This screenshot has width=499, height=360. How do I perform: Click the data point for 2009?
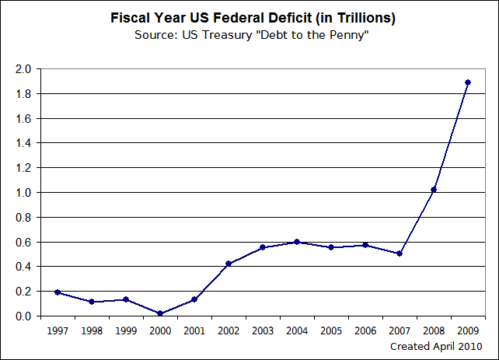click(468, 82)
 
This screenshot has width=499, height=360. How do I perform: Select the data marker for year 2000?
click(159, 313)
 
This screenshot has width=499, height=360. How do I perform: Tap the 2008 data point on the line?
click(434, 190)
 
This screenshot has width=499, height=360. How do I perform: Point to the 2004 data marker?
click(296, 242)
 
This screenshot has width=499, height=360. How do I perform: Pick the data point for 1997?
click(57, 292)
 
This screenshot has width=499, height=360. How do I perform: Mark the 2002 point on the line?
click(228, 264)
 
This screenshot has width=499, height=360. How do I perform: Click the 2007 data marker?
click(399, 253)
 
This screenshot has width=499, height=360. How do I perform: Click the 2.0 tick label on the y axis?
click(23, 69)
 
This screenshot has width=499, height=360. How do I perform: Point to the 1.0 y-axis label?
click(23, 193)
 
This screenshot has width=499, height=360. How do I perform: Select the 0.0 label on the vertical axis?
click(23, 316)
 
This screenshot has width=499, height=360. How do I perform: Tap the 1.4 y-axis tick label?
click(23, 143)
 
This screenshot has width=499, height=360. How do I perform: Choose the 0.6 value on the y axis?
click(23, 242)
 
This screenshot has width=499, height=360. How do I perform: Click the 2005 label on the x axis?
click(330, 330)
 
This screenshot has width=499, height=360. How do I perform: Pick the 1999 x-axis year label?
click(125, 330)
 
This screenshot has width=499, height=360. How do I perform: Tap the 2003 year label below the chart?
click(262, 330)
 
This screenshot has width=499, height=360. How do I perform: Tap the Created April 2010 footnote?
click(435, 346)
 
